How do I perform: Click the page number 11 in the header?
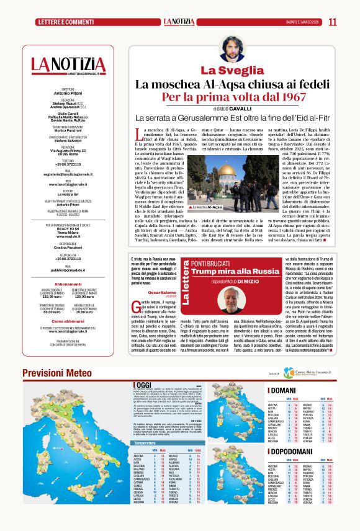click(x=333, y=22)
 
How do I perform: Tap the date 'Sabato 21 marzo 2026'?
click(x=300, y=22)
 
